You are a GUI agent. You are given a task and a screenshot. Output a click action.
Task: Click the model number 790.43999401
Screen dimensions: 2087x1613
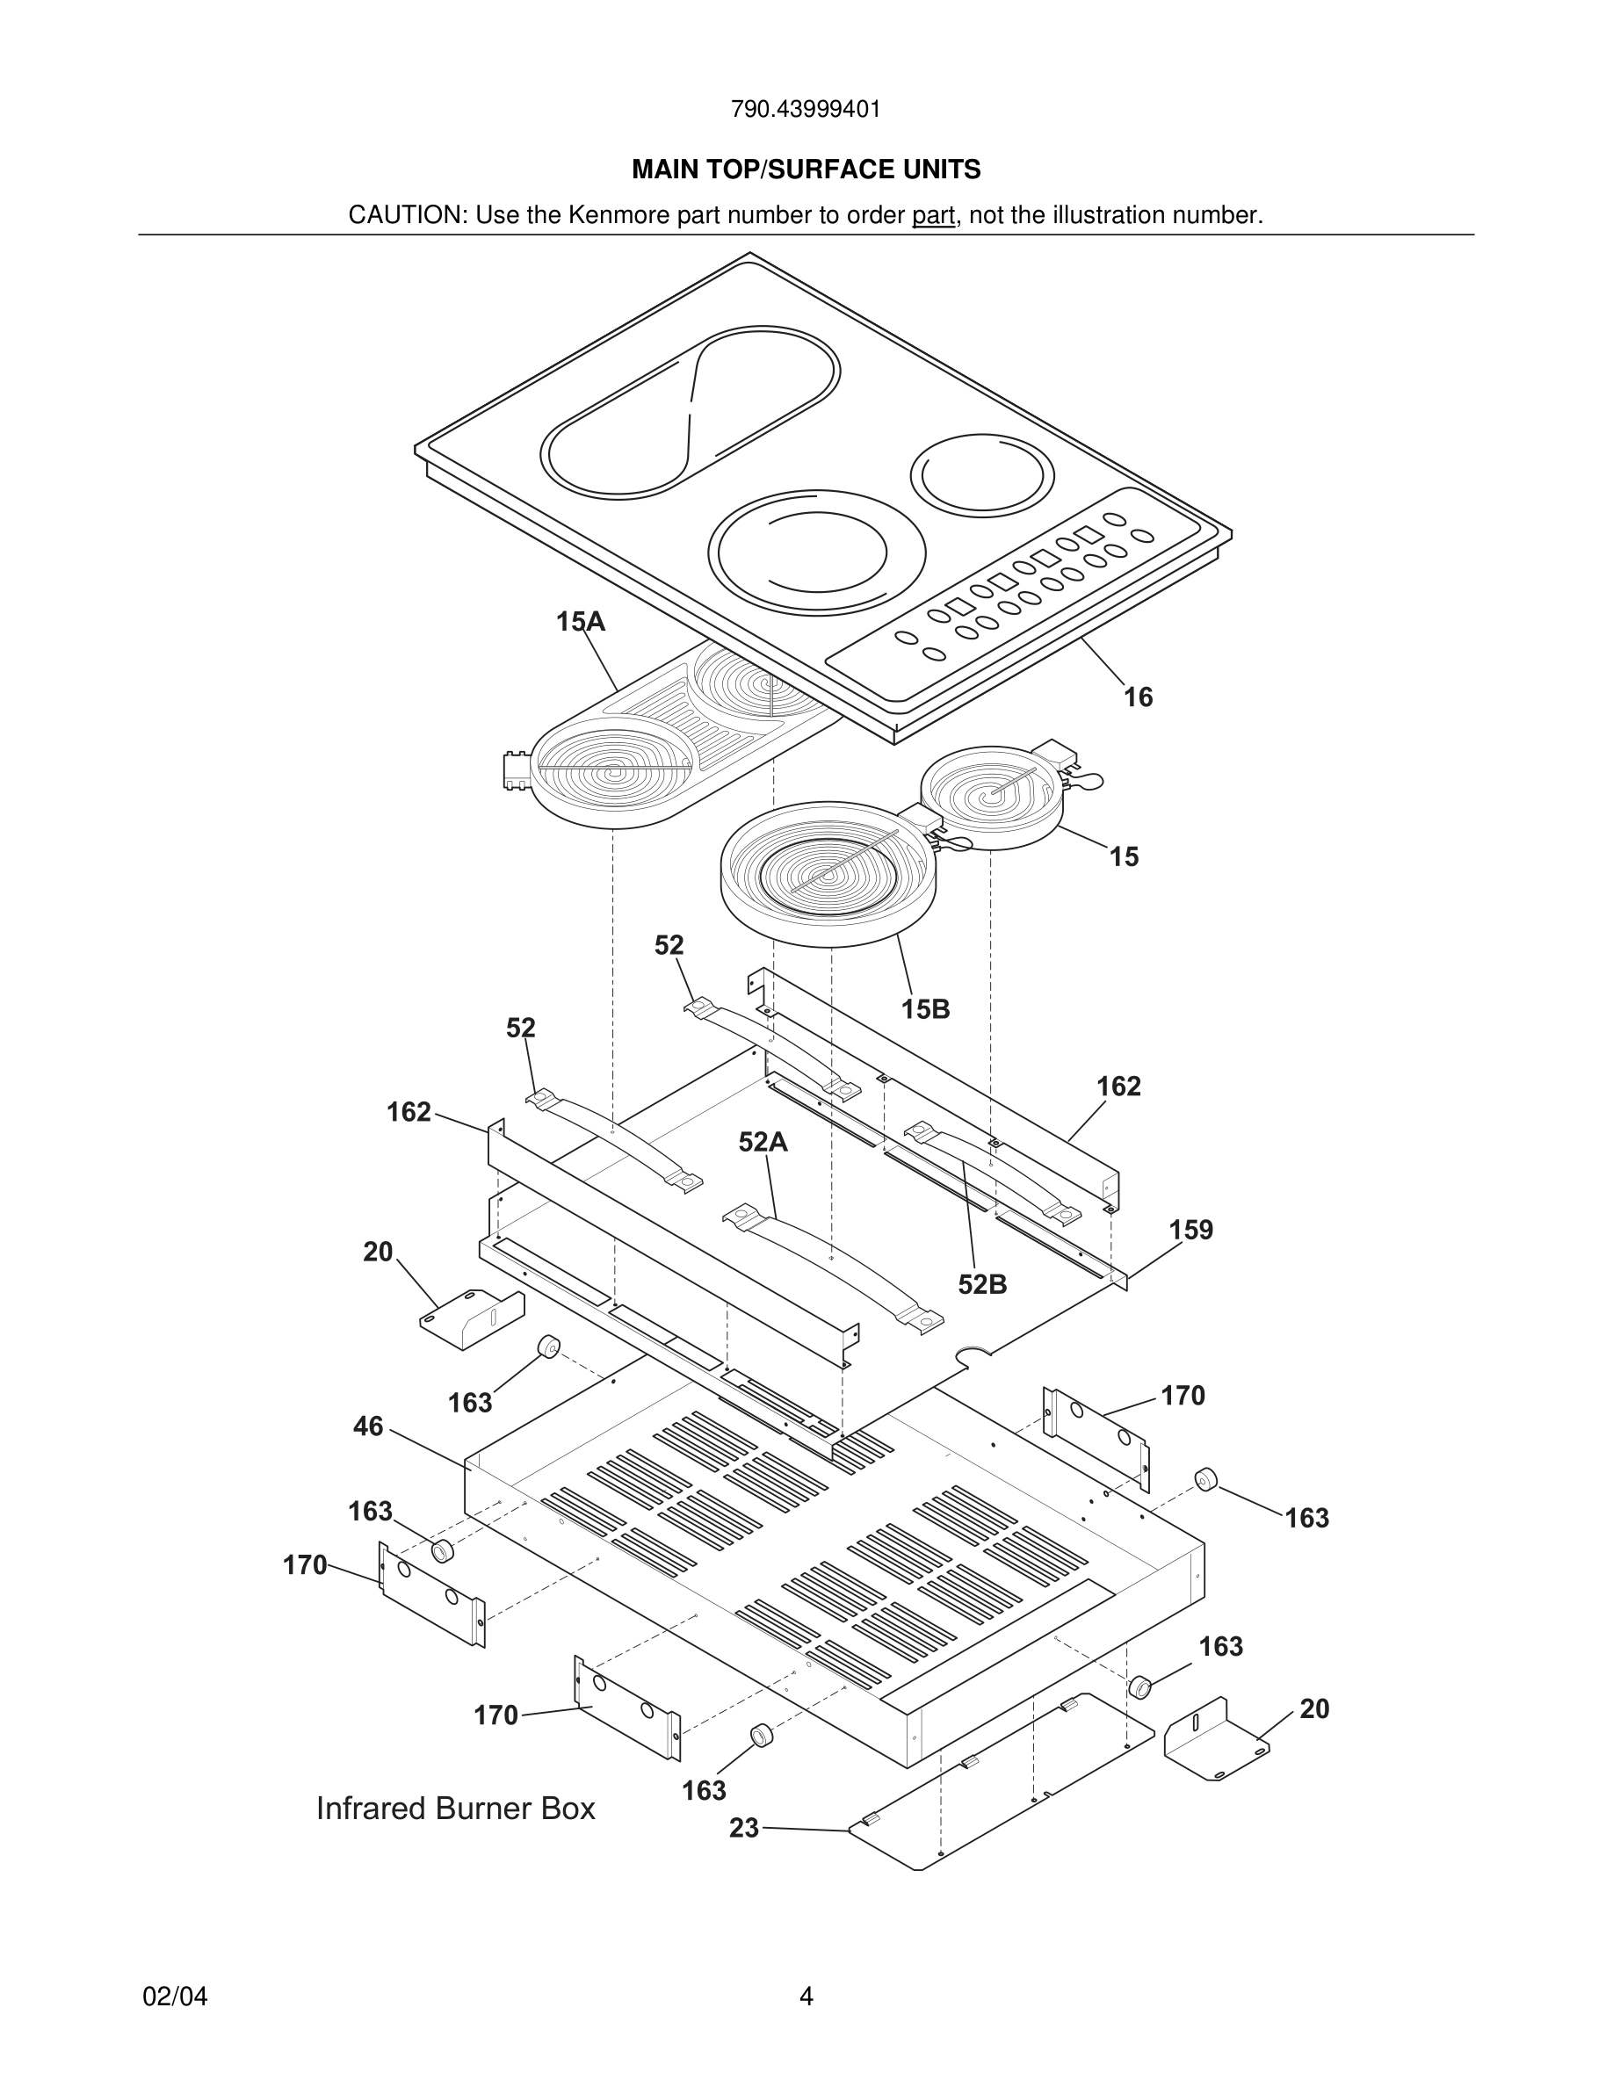click(x=806, y=110)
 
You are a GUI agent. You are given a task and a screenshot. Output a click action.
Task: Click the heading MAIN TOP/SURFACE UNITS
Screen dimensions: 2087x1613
click(x=806, y=170)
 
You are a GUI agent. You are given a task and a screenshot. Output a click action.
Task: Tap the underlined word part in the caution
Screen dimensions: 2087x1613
click(x=933, y=216)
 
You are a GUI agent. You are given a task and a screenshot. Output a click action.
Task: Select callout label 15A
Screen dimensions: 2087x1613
click(x=580, y=622)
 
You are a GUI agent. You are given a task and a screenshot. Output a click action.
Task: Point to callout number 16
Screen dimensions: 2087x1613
click(x=1138, y=697)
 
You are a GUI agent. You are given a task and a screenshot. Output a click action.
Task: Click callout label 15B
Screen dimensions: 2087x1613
click(x=925, y=1009)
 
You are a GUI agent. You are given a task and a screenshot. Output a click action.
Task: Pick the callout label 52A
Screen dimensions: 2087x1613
click(x=763, y=1142)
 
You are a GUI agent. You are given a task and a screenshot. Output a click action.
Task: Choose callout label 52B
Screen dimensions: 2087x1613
click(x=982, y=1285)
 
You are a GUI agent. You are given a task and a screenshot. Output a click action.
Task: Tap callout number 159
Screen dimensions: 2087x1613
click(x=1190, y=1230)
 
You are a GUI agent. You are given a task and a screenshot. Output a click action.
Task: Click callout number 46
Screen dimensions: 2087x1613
click(x=368, y=1426)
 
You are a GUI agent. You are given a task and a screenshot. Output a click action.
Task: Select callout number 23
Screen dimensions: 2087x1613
click(x=743, y=1828)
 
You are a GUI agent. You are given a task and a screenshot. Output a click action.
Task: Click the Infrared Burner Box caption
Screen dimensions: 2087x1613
click(x=456, y=1809)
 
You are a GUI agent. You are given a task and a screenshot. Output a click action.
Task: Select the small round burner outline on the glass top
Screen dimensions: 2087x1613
click(x=981, y=475)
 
